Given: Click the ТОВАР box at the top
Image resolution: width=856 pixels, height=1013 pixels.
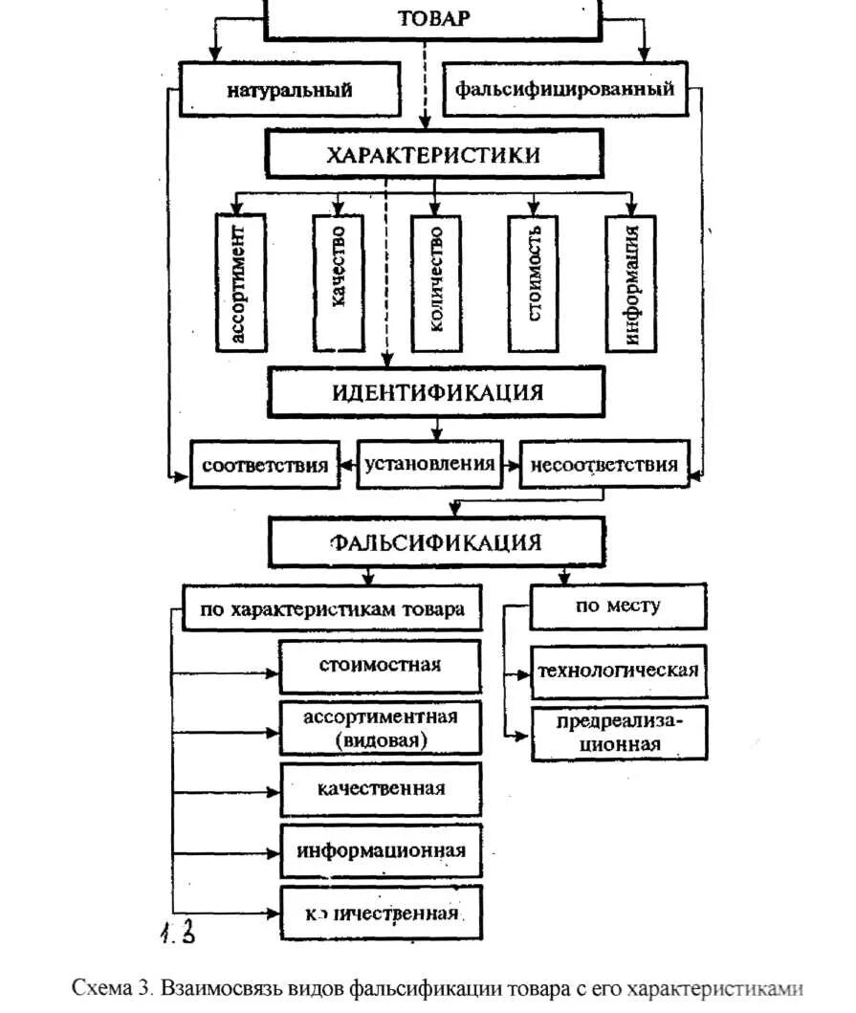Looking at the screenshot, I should (x=432, y=19).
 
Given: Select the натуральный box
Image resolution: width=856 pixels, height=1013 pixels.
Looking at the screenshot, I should (x=289, y=91).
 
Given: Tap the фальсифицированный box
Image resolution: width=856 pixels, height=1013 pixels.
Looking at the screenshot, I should (x=564, y=91).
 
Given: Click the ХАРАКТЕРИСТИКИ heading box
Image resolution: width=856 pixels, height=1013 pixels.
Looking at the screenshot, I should (x=433, y=155).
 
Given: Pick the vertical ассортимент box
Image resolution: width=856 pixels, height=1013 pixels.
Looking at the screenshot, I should (x=241, y=282).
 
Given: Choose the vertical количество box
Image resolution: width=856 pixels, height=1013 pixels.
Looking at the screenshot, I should (x=435, y=282).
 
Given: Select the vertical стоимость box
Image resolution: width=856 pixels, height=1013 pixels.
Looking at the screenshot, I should (x=533, y=282).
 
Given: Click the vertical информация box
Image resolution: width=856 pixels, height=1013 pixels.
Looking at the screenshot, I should (x=630, y=282).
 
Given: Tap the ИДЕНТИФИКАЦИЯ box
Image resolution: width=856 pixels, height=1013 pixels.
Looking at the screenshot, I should (x=437, y=392).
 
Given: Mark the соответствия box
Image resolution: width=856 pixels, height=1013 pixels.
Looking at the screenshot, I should (x=265, y=466).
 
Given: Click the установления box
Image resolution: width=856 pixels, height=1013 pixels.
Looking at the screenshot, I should (x=429, y=464).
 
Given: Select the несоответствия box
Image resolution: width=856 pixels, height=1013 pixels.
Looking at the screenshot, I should (x=604, y=465).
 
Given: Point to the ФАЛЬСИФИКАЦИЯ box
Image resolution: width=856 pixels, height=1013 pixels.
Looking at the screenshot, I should (x=436, y=542).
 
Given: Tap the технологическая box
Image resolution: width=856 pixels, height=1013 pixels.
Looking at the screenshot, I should (x=618, y=670).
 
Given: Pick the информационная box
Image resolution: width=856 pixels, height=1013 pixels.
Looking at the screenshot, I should (x=381, y=851).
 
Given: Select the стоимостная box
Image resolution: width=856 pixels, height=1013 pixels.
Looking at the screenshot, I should (x=381, y=666).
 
